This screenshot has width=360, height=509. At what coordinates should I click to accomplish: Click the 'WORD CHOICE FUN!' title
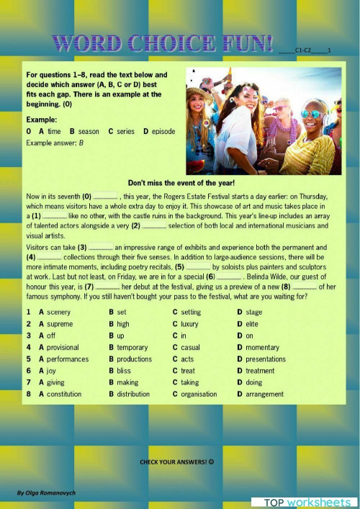pyautogui.click(x=163, y=42)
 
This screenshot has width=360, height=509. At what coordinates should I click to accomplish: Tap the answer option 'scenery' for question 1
pyautogui.click(x=58, y=312)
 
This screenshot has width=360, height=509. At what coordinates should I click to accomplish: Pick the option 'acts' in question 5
pyautogui.click(x=187, y=359)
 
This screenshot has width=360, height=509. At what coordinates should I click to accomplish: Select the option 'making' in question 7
pyautogui.click(x=127, y=382)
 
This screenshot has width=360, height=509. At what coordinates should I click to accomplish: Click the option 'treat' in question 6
pyautogui.click(x=189, y=371)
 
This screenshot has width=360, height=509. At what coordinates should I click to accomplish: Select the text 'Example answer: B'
pyautogui.click(x=55, y=143)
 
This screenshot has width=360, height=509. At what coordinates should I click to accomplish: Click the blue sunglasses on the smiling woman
pyautogui.click(x=312, y=114)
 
